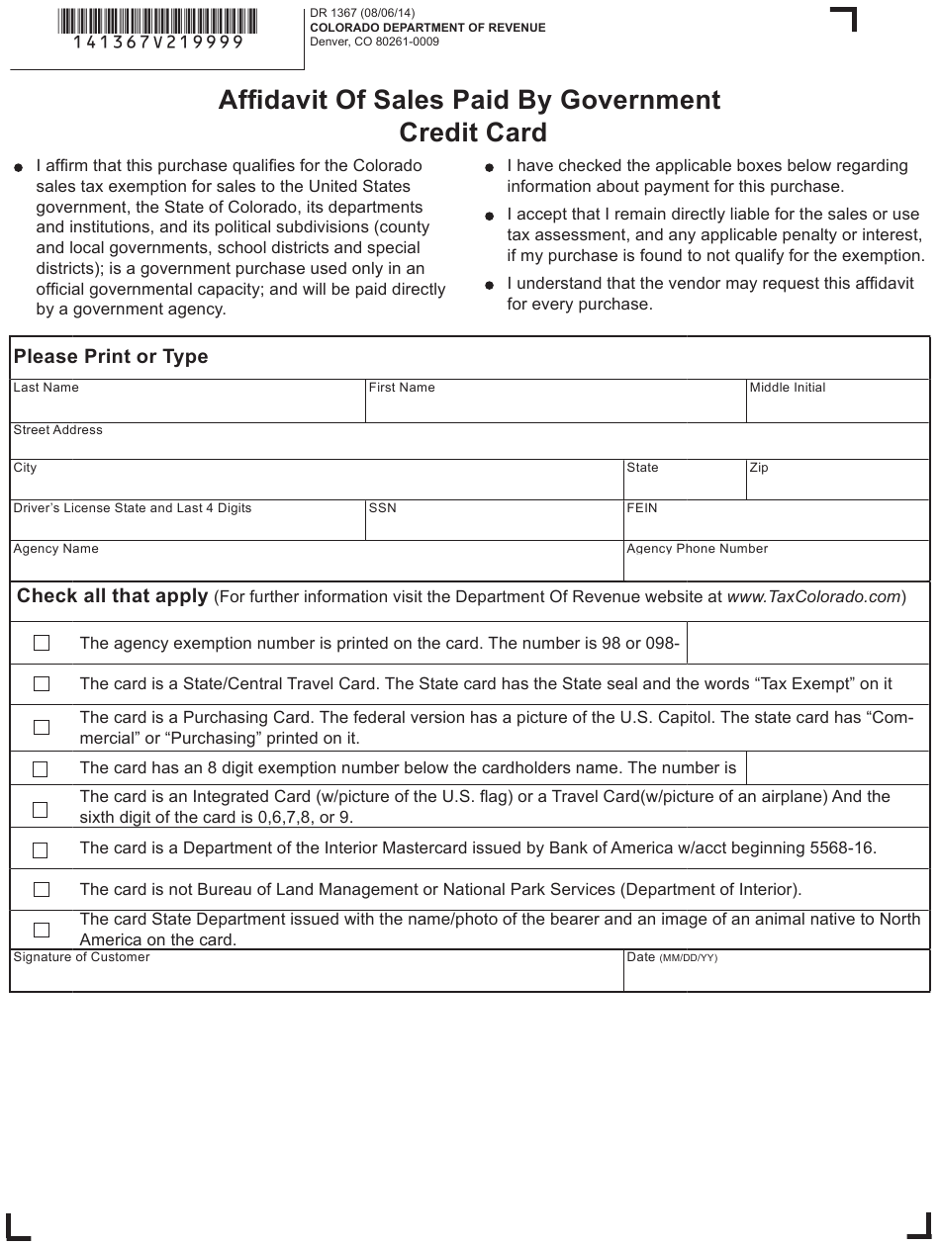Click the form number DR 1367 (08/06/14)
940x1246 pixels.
coord(363,13)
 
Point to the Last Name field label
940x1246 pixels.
coord(46,388)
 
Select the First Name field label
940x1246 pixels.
coord(402,388)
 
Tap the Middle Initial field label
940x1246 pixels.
coord(788,388)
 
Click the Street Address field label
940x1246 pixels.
coord(57,430)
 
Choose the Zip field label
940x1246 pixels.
coord(759,468)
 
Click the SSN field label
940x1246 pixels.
coord(382,508)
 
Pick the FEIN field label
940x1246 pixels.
coord(642,508)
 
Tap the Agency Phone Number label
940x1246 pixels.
coord(697,549)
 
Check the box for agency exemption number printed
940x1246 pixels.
coord(42,644)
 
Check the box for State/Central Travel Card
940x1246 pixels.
coord(42,684)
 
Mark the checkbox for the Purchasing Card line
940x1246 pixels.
coord(42,728)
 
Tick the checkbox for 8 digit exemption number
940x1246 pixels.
coord(42,768)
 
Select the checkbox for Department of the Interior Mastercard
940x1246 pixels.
coord(42,849)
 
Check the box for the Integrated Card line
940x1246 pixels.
coord(42,810)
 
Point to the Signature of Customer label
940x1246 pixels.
coord(81,957)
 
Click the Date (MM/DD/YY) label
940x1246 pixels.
coord(672,957)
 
